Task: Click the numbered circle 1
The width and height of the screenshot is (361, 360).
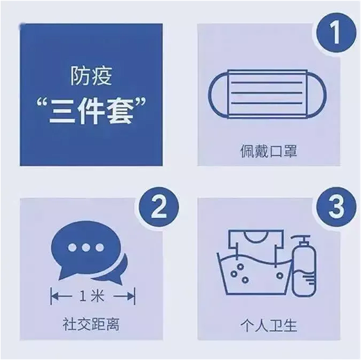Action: coord(334,31)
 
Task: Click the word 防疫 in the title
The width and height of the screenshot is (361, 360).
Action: coord(91,76)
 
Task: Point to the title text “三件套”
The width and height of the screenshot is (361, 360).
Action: coord(90,111)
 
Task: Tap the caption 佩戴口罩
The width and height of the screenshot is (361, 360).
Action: coord(265,152)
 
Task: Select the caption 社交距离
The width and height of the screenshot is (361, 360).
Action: coord(92,325)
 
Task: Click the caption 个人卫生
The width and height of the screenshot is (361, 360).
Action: coord(265,325)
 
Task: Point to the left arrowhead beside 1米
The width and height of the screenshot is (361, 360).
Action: coord(53,298)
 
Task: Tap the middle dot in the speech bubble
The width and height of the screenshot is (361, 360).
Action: coord(82,248)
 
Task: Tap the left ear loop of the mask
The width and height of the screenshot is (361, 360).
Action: coord(215,96)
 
